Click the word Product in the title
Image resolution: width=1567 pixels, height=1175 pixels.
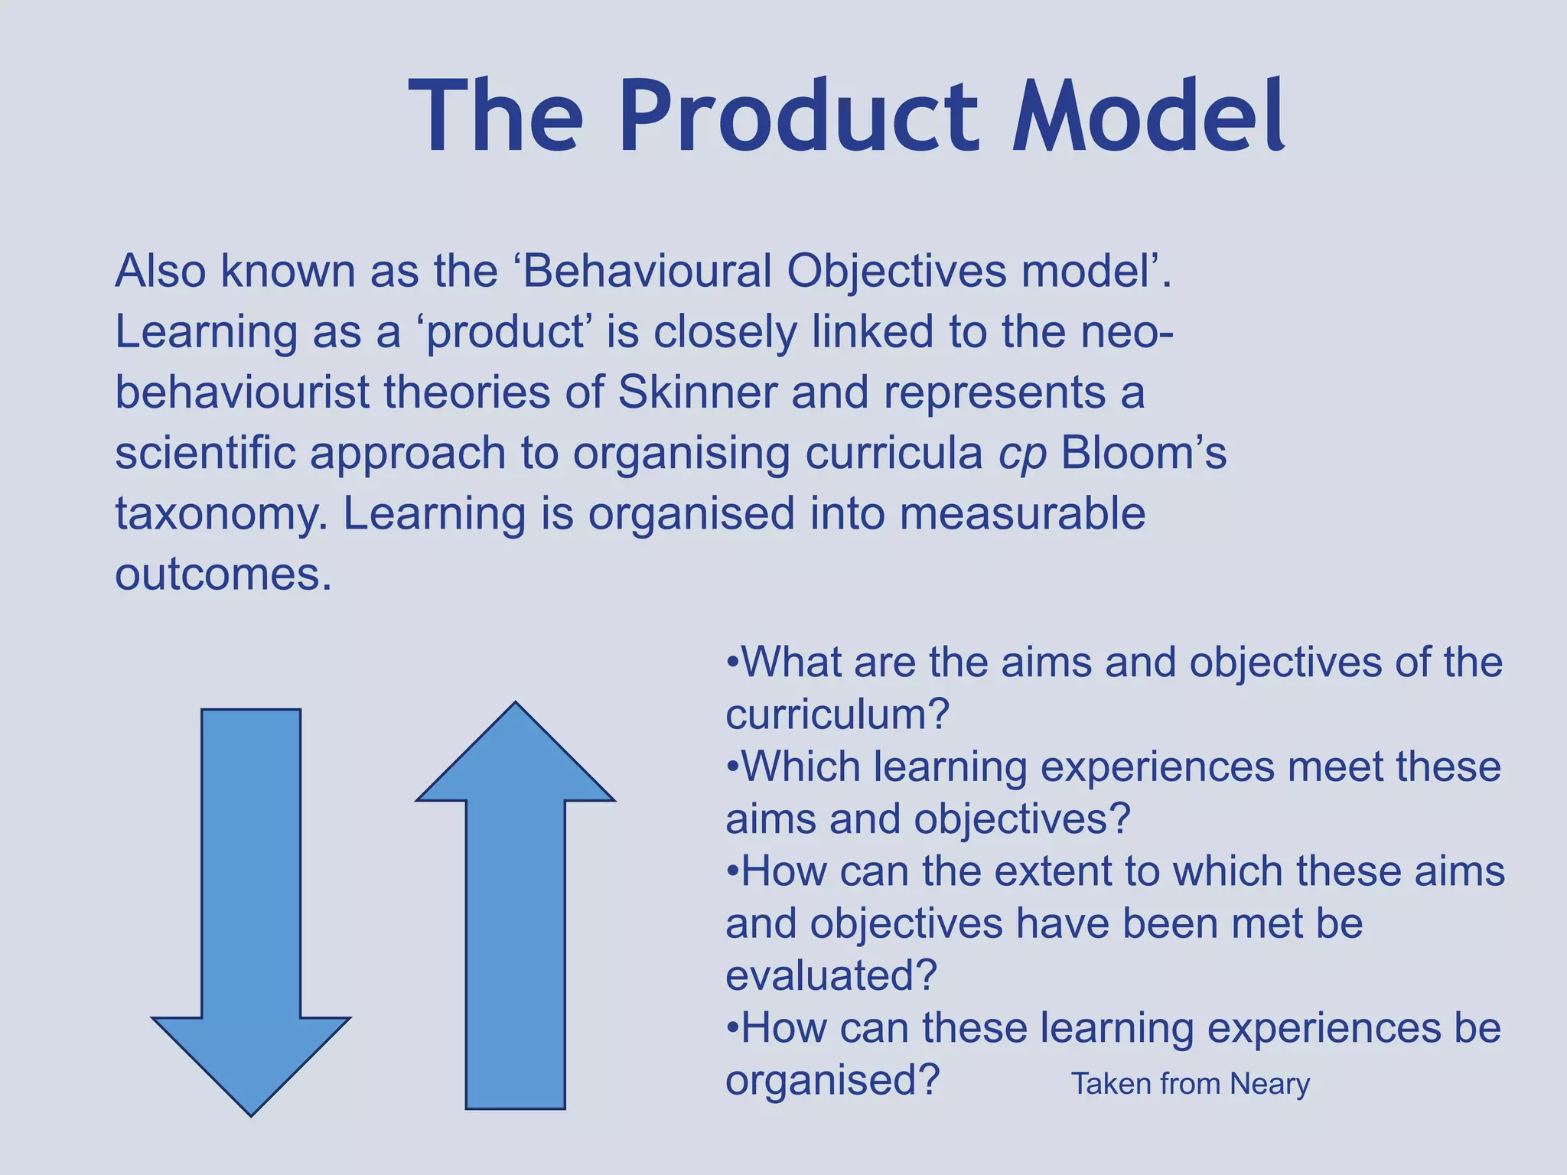[798, 119]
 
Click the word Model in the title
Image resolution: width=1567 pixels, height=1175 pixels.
[1148, 119]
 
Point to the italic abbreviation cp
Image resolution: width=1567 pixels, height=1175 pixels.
[1022, 454]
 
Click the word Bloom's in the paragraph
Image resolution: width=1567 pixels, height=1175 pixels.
[1143, 453]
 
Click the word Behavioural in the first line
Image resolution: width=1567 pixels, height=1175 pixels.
[647, 271]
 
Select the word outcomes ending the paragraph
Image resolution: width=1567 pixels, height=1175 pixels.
[222, 574]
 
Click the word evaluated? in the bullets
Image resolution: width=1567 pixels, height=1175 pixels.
[831, 976]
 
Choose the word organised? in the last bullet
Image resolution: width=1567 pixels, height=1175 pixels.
[832, 1081]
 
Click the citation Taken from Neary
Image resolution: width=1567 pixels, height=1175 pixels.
[1190, 1084]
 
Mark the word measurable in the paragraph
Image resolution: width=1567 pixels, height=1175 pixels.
[1022, 513]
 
